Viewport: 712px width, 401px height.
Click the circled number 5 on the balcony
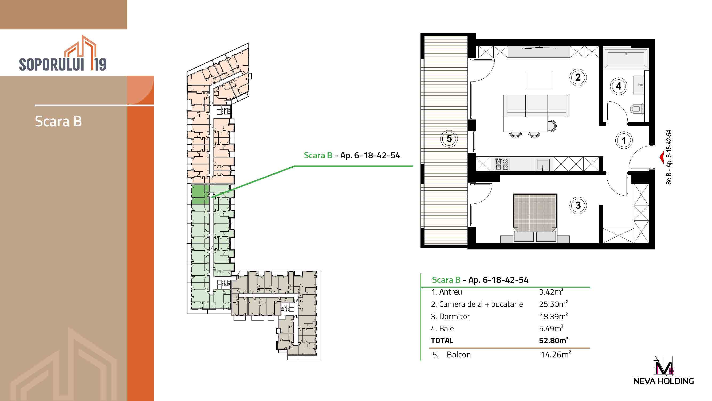(x=449, y=138)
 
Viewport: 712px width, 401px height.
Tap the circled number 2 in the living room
(x=578, y=77)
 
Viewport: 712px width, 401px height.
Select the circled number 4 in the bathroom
(x=619, y=86)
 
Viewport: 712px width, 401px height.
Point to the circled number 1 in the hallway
(x=624, y=141)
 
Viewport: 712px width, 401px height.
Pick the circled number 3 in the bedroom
(x=578, y=205)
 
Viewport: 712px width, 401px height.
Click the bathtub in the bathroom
(x=626, y=58)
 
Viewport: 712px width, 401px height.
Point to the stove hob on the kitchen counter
(x=502, y=164)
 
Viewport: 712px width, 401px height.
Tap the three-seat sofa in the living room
(x=537, y=106)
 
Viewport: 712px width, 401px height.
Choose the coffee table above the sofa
(x=540, y=80)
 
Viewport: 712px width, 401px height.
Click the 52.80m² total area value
(x=554, y=340)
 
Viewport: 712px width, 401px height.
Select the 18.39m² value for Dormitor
(x=554, y=316)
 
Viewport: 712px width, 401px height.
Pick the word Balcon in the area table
(x=459, y=355)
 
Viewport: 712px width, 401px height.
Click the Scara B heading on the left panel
(x=58, y=121)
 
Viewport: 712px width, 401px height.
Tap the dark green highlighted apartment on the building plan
(x=200, y=194)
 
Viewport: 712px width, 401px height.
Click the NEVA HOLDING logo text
(x=663, y=381)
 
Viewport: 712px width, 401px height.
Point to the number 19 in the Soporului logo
(x=99, y=64)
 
